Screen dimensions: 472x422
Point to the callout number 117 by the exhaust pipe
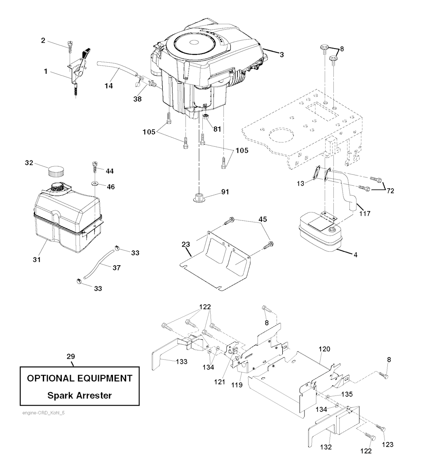click(364, 213)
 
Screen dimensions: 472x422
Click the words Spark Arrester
click(80, 395)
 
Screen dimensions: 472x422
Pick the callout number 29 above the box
click(71, 356)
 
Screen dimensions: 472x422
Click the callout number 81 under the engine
click(217, 129)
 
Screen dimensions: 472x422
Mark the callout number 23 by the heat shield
click(185, 244)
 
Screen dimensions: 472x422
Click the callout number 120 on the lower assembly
click(324, 349)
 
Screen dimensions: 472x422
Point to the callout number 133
click(181, 362)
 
